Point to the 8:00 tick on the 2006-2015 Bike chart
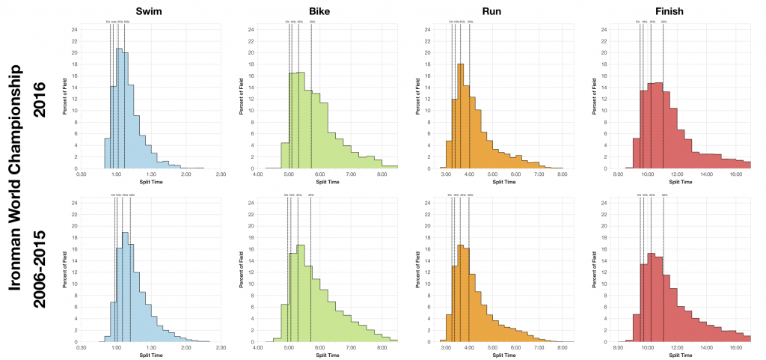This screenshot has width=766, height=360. [x=382, y=348]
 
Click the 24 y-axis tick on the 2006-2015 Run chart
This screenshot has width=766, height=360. [x=428, y=203]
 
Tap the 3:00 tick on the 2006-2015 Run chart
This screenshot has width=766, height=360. [x=447, y=348]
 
